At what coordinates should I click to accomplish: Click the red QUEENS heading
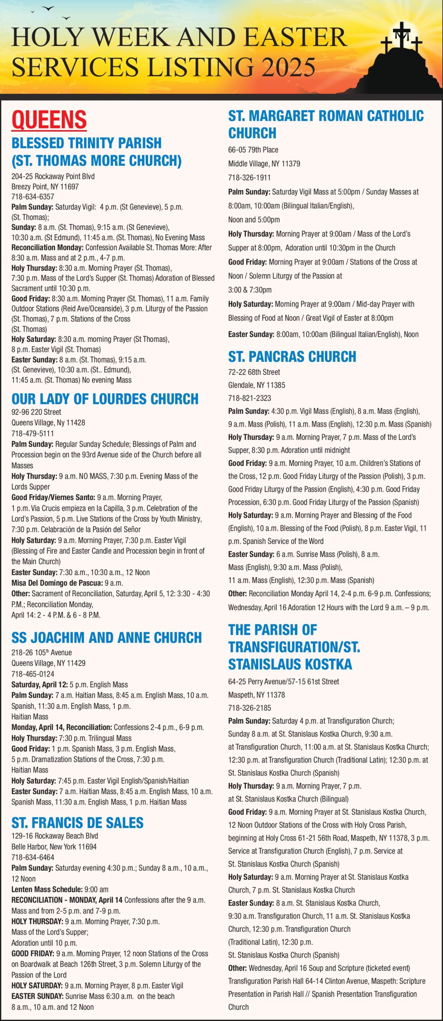[49, 120]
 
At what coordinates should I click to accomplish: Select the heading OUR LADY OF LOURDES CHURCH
[105, 399]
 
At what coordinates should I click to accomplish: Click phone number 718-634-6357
[33, 197]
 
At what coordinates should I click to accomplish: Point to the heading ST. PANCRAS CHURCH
[292, 356]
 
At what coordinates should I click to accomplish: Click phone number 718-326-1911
[249, 177]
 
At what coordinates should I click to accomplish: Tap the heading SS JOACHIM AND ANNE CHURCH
[107, 637]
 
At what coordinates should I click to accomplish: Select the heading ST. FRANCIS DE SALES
[77, 822]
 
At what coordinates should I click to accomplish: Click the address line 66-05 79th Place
[253, 150]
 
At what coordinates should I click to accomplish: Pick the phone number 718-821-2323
[249, 398]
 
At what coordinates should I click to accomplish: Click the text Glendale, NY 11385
[257, 385]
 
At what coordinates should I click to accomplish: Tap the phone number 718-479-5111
[33, 433]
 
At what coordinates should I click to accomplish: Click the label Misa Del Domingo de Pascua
[57, 583]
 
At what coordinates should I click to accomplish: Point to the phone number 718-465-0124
[33, 674]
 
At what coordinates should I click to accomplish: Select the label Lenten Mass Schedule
[47, 889]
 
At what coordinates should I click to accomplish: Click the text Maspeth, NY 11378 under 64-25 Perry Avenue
[257, 695]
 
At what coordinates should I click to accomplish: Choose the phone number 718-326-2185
[249, 708]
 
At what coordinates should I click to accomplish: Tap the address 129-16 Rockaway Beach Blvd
[55, 836]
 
